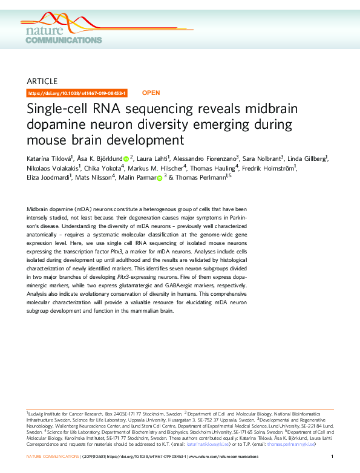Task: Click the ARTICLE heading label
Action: pyautogui.click(x=42, y=81)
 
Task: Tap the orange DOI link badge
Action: pyautogui.click(x=77, y=93)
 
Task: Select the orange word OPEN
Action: pyautogui.click(x=151, y=93)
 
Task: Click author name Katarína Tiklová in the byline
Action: pyautogui.click(x=50, y=159)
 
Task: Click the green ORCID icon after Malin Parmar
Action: pyautogui.click(x=160, y=178)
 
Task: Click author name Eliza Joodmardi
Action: pyautogui.click(x=49, y=178)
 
